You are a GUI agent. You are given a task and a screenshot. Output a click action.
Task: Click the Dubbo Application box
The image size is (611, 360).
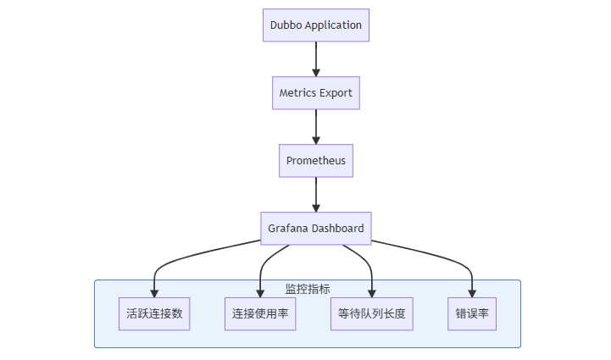[315, 25]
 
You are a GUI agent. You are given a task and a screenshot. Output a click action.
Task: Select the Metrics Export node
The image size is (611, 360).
[315, 93]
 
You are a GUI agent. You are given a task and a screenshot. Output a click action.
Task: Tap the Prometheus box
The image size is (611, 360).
[315, 160]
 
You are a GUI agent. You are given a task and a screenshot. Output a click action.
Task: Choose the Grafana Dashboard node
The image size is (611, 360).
[315, 228]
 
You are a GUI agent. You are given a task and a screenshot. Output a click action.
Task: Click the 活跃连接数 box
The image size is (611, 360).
[154, 313]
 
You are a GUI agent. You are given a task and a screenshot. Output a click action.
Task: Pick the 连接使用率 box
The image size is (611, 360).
[260, 313]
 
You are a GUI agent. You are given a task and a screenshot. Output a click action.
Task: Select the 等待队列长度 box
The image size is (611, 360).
[372, 313]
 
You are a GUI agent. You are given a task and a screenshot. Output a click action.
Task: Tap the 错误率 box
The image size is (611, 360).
[472, 313]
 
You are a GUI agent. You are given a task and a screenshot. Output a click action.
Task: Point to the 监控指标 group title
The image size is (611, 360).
[308, 289]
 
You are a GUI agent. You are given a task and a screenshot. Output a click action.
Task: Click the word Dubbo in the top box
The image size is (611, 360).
[286, 25]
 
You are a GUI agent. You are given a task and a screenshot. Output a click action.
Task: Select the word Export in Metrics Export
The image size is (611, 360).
[335, 93]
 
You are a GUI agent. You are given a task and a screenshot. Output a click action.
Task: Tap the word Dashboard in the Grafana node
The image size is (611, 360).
[336, 228]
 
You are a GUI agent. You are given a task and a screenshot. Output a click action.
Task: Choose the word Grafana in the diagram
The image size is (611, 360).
[286, 228]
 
